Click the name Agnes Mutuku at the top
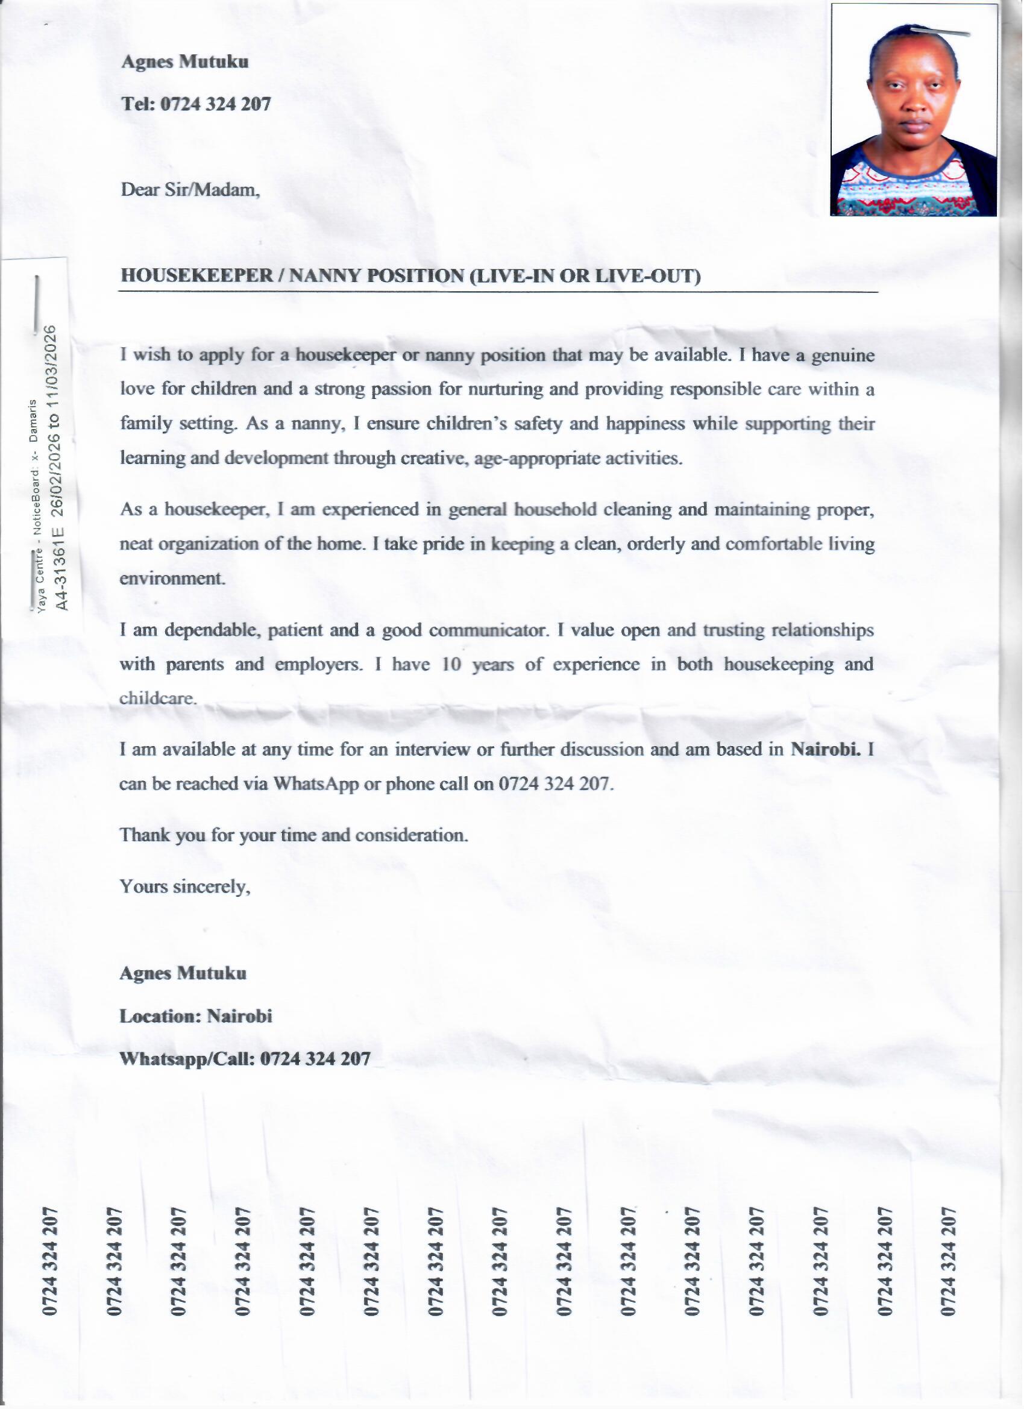[185, 62]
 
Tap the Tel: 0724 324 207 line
[196, 104]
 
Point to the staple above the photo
[940, 31]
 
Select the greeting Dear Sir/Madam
[190, 189]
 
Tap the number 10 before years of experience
[451, 665]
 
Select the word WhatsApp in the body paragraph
[316, 784]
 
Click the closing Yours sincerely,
[185, 887]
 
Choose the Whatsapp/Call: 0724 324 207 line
[245, 1059]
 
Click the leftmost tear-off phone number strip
[51, 1261]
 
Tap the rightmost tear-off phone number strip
[949, 1261]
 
